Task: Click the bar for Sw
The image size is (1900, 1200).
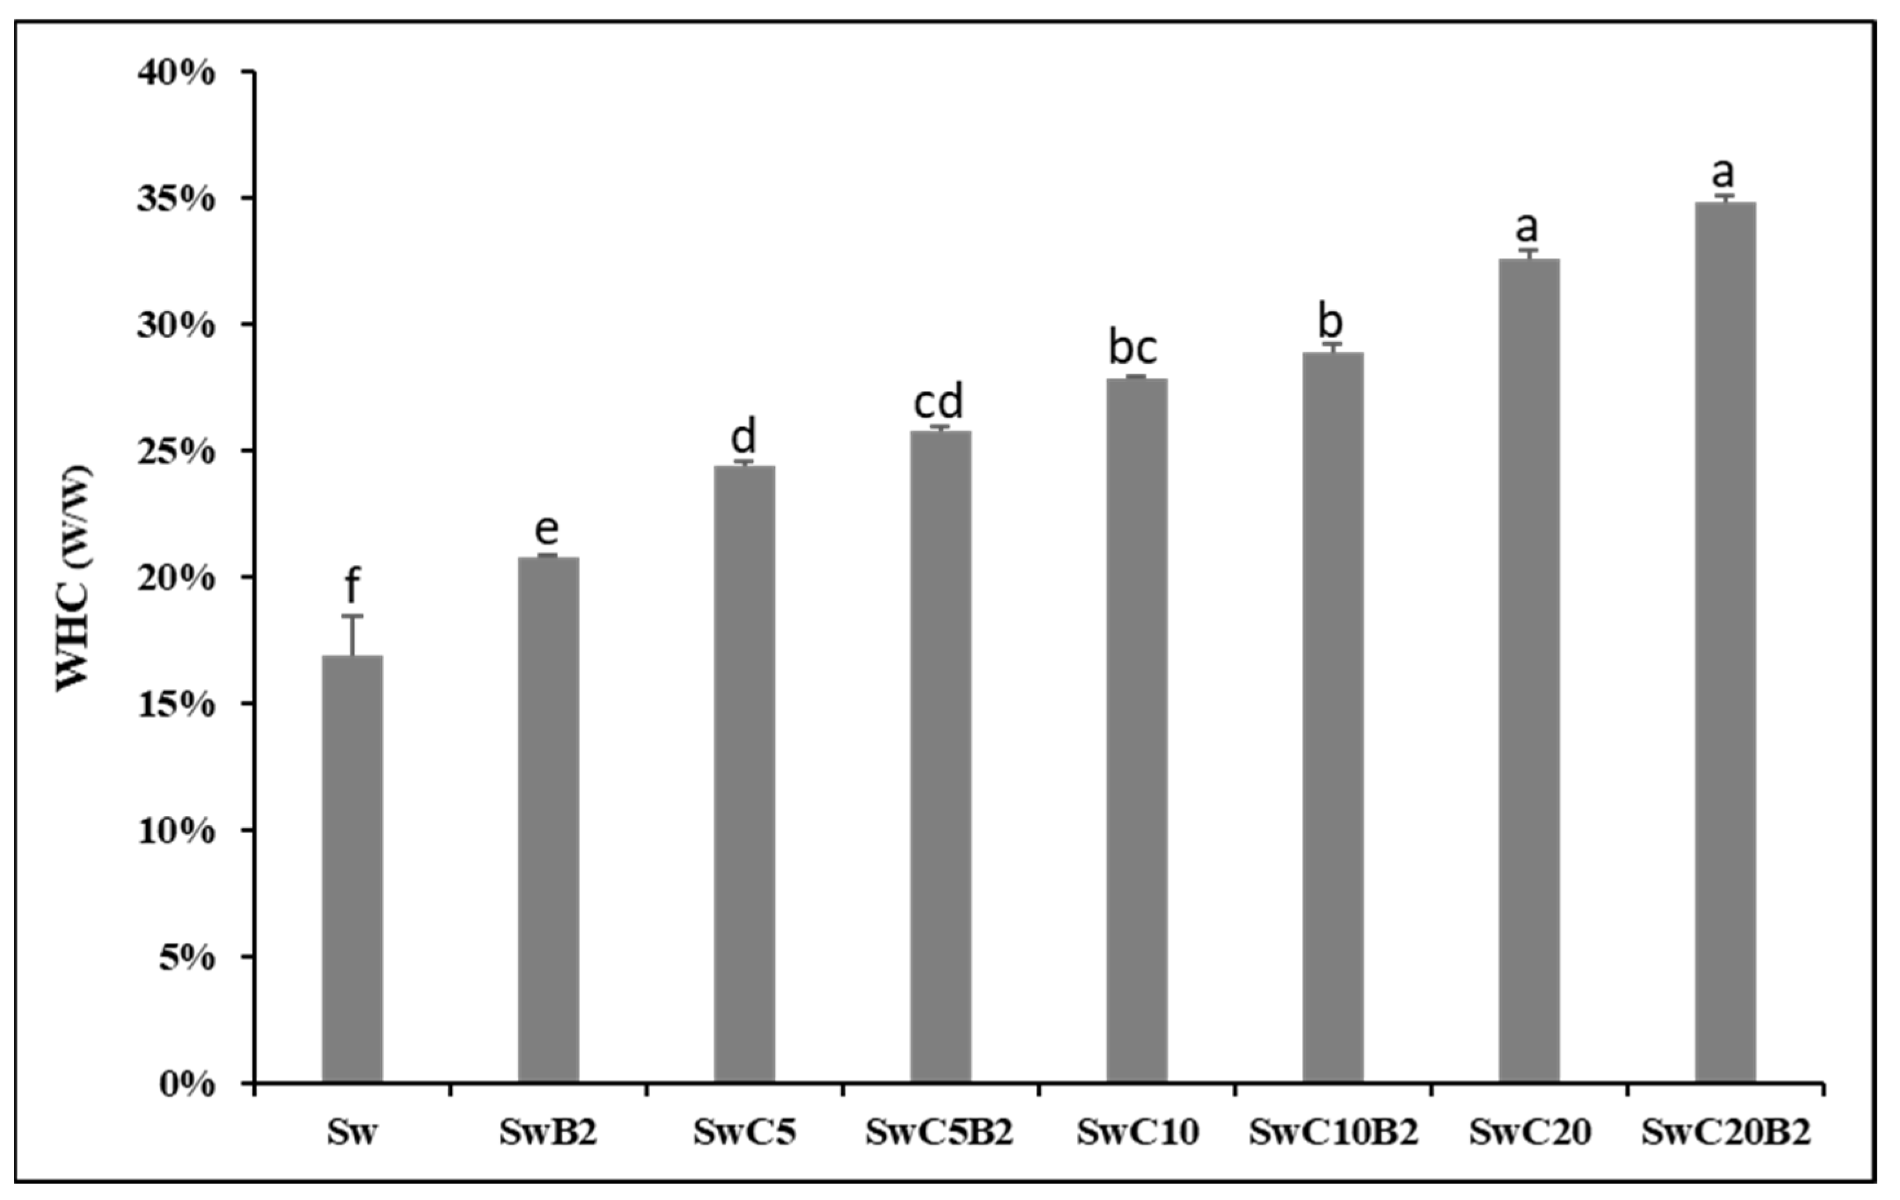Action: point(352,868)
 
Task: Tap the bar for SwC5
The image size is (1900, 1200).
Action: point(744,774)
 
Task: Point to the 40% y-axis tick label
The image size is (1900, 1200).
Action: point(176,72)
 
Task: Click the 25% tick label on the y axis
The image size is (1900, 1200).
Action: point(176,452)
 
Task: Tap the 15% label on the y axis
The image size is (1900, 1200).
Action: point(176,705)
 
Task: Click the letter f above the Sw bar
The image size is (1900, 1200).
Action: point(352,586)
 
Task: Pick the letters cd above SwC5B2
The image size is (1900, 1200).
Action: point(939,401)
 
